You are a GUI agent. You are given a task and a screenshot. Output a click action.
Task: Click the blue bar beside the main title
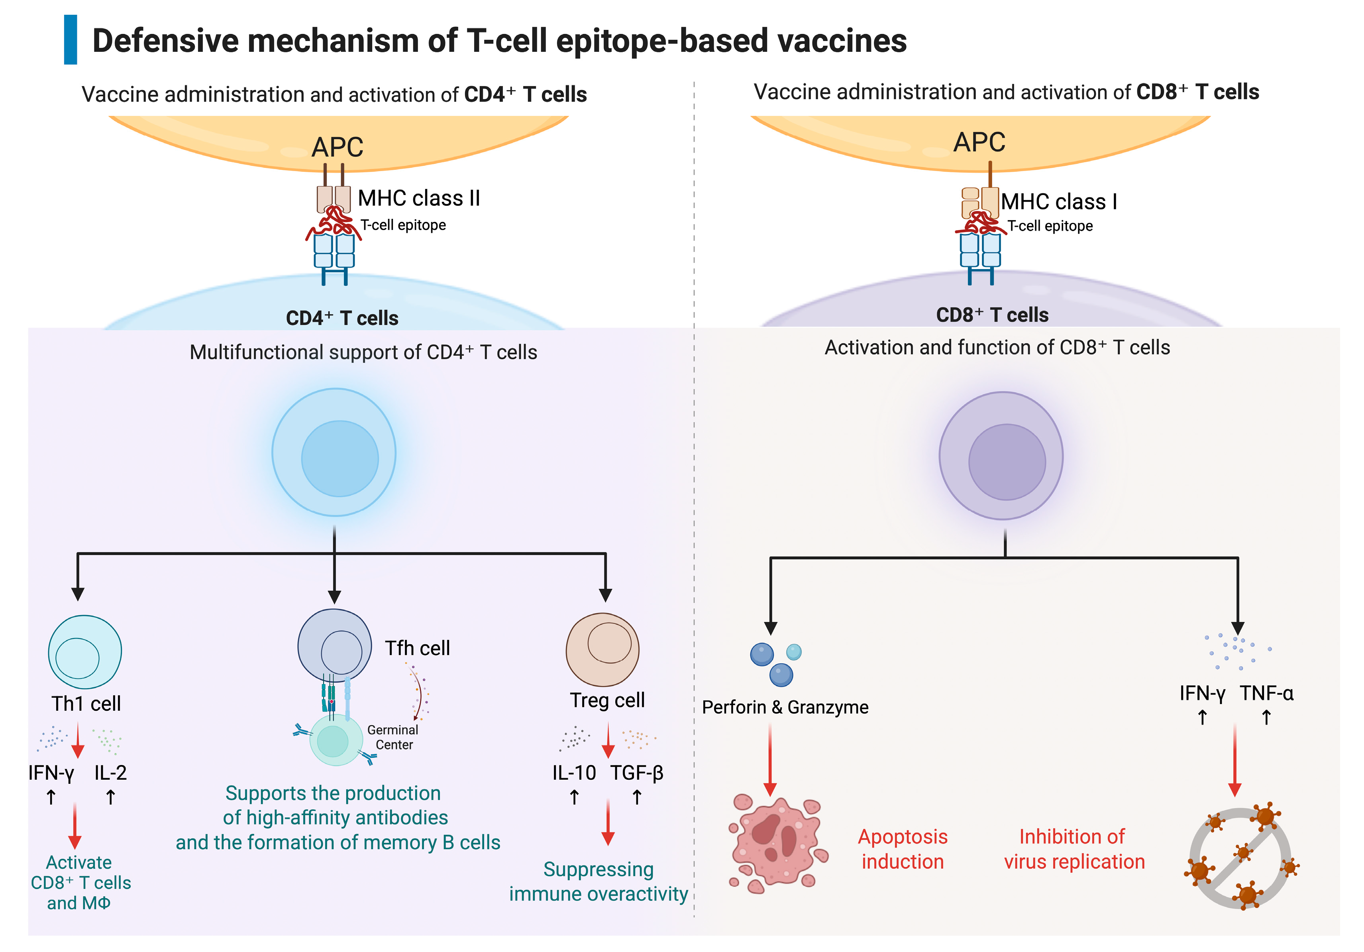(x=70, y=40)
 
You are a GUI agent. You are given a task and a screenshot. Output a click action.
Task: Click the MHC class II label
(x=418, y=198)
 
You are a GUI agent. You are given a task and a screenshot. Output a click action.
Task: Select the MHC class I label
(x=1059, y=201)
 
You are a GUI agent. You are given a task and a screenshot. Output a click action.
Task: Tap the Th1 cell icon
(x=85, y=652)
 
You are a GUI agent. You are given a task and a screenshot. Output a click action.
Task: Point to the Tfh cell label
(x=417, y=648)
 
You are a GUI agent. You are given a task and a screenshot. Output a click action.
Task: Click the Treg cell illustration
(x=603, y=649)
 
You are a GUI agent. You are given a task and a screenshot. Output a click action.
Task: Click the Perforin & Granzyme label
(x=785, y=707)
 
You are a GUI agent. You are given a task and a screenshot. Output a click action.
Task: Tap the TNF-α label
(x=1266, y=693)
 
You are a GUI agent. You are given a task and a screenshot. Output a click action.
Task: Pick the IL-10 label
(x=574, y=773)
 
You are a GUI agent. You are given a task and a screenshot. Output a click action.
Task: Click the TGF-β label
(x=637, y=773)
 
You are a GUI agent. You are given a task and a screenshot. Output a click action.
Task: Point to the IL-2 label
(x=110, y=773)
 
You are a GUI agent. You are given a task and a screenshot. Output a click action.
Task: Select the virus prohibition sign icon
(x=1240, y=858)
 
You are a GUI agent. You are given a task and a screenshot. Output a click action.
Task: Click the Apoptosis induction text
(x=903, y=849)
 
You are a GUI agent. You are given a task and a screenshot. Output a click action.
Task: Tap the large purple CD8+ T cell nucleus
(x=1007, y=462)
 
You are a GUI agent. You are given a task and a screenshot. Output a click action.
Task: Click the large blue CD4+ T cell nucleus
(x=340, y=458)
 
